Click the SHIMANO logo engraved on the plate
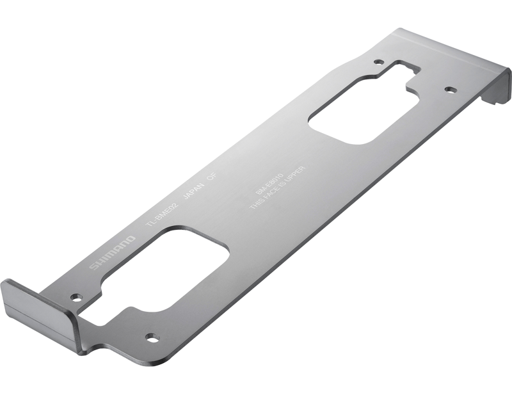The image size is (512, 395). (112, 252)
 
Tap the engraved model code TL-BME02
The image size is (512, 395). (163, 213)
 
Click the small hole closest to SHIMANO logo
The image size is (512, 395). (77, 297)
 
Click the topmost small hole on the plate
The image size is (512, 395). (378, 63)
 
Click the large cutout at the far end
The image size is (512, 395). (362, 109)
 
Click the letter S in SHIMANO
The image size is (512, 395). (94, 266)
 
